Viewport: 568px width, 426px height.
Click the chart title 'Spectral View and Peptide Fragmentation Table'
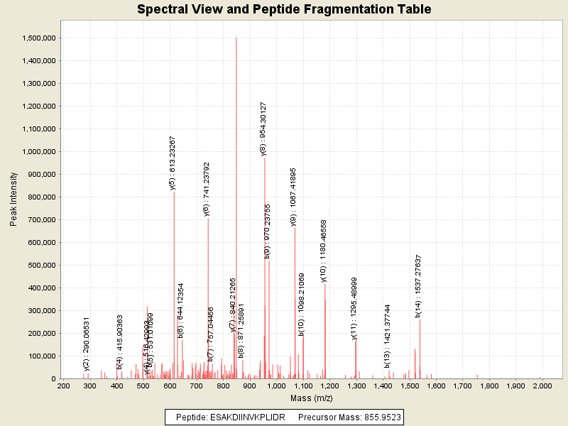click(284, 10)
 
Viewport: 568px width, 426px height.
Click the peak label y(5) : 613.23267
click(173, 163)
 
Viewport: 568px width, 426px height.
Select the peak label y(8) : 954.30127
click(263, 129)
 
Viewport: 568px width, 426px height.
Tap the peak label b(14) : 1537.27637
click(418, 286)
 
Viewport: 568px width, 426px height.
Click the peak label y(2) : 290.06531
click(87, 344)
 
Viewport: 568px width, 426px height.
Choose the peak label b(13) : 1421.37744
click(387, 337)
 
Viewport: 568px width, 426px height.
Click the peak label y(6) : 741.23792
click(207, 188)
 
